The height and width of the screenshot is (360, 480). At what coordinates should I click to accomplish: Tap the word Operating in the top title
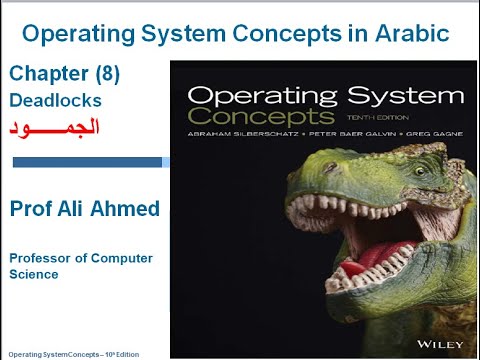(x=81, y=34)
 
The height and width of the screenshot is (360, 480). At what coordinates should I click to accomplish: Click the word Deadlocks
(x=55, y=100)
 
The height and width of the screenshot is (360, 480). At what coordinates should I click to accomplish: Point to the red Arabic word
(x=55, y=130)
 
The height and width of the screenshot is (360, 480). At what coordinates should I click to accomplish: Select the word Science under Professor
(x=34, y=274)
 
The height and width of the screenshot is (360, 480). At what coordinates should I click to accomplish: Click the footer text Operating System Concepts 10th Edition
(x=76, y=354)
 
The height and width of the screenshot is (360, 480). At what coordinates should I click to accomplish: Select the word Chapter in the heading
(x=45, y=74)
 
